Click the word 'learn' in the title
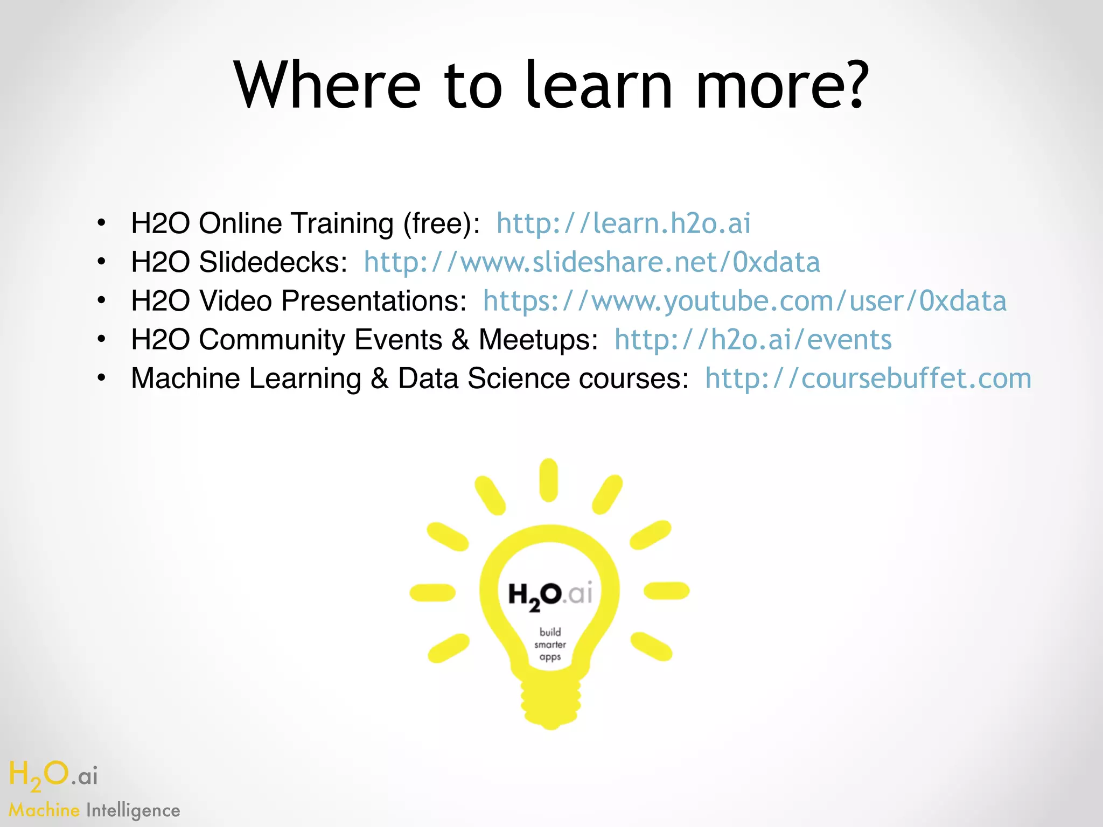(x=598, y=85)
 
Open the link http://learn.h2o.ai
(x=623, y=223)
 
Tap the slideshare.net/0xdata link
(x=591, y=262)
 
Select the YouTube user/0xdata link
(x=744, y=301)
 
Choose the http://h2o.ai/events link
(x=753, y=340)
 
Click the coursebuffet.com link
(x=868, y=379)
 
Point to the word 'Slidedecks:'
(x=273, y=262)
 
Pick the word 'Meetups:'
(x=538, y=340)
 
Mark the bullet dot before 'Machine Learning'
(x=102, y=377)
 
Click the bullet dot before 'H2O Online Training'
(x=102, y=222)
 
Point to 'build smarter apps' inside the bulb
(x=550, y=644)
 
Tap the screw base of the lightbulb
(x=550, y=700)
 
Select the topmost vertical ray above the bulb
(x=549, y=479)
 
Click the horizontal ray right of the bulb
(x=666, y=591)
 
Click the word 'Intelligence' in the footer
(x=133, y=810)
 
